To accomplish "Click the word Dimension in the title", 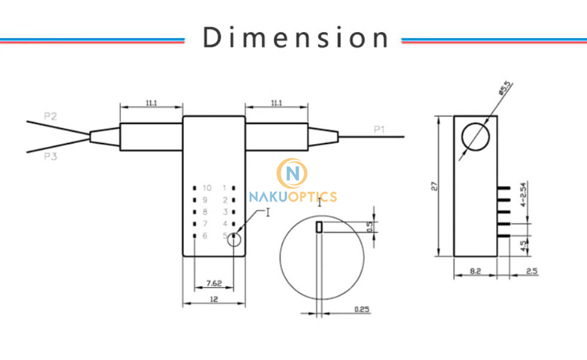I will click(x=296, y=37).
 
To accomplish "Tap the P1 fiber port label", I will click(x=380, y=129).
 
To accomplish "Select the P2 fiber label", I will click(x=50, y=116).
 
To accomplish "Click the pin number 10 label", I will click(x=206, y=188).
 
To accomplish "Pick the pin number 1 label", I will click(x=225, y=188).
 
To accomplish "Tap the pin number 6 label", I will click(x=205, y=236).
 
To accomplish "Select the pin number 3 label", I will click(x=225, y=212).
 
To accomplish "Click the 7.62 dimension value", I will click(x=214, y=283).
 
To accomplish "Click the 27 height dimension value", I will click(x=435, y=186).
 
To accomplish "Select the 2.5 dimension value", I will click(x=531, y=271).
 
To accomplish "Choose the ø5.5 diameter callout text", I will click(x=504, y=90).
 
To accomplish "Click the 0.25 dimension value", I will click(x=361, y=309).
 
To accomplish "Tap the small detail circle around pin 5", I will click(x=234, y=239).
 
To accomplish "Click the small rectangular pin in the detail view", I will click(x=320, y=227).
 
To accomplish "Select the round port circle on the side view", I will click(x=476, y=136).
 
